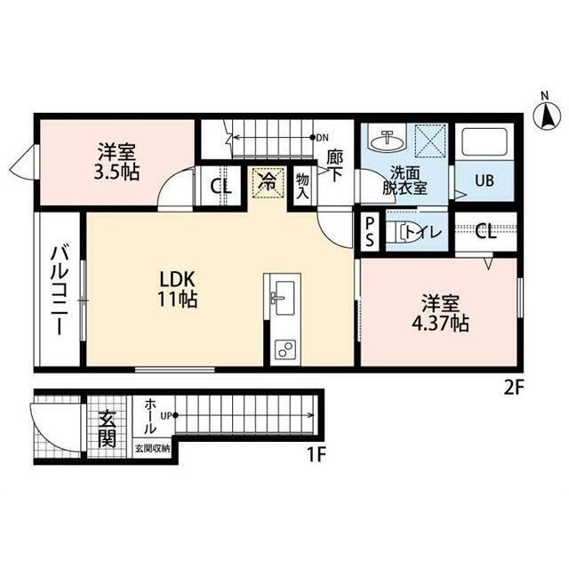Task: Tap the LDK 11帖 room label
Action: pyautogui.click(x=177, y=289)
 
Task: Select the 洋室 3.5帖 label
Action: pyautogui.click(x=116, y=162)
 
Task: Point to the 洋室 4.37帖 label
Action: pyautogui.click(x=440, y=314)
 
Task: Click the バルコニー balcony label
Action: pyautogui.click(x=58, y=291)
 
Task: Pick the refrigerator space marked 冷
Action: pyautogui.click(x=267, y=183)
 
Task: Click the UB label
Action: pyautogui.click(x=485, y=180)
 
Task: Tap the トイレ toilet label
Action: pyautogui.click(x=423, y=232)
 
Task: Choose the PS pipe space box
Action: pyautogui.click(x=370, y=231)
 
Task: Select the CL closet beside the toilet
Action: pyautogui.click(x=485, y=231)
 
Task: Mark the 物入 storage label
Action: pyautogui.click(x=302, y=186)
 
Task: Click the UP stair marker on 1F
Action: pyautogui.click(x=169, y=415)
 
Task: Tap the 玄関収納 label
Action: pyautogui.click(x=152, y=448)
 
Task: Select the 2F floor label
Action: pyautogui.click(x=514, y=389)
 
